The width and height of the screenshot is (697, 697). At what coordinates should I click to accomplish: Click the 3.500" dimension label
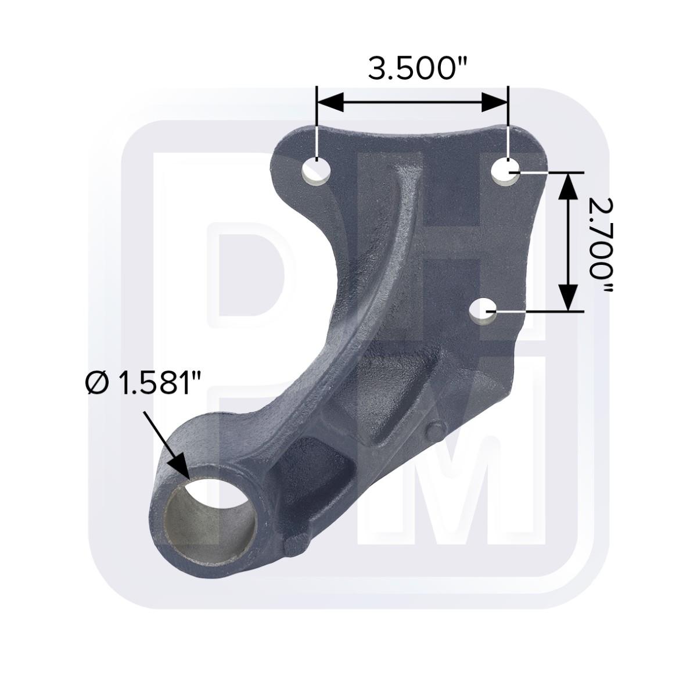click(x=418, y=69)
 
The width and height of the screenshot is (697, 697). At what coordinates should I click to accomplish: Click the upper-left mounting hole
click(x=317, y=171)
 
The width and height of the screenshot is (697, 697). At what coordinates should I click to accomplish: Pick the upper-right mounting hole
click(x=507, y=171)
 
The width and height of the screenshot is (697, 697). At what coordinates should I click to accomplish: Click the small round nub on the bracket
click(x=434, y=430)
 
